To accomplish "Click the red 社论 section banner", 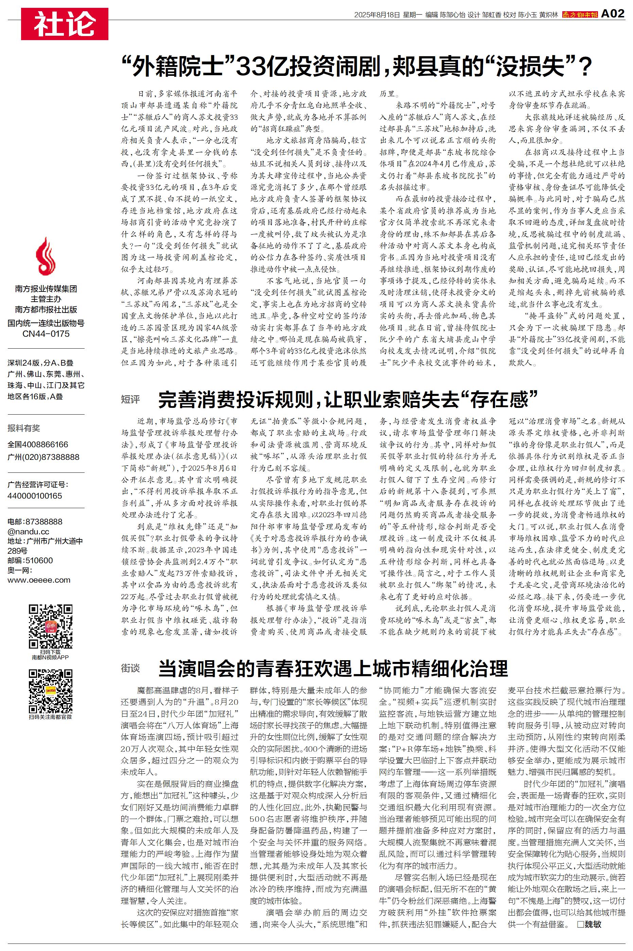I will click(x=65, y=24).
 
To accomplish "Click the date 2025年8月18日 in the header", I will click(x=377, y=15).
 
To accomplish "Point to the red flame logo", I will click(x=46, y=257).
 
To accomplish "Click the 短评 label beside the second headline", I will click(x=130, y=400).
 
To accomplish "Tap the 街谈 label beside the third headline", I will click(x=130, y=668).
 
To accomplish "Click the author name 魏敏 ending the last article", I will click(x=595, y=924).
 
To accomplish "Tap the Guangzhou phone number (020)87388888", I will click(x=43, y=457).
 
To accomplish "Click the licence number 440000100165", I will click(x=35, y=496).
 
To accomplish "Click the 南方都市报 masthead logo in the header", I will click(x=580, y=15).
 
